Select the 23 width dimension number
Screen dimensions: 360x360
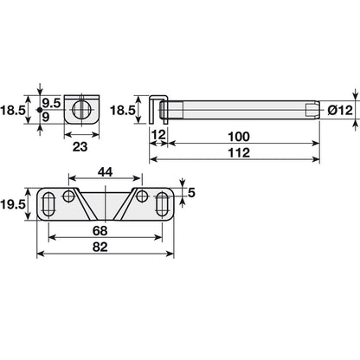[x=80, y=147]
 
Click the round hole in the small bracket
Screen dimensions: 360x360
[x=80, y=109]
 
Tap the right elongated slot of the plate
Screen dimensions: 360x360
[x=163, y=203]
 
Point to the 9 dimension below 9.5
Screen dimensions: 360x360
[x=52, y=118]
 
